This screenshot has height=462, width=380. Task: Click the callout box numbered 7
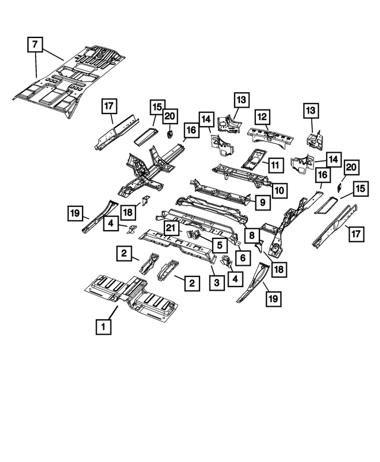[x=36, y=44]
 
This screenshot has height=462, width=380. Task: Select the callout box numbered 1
[x=103, y=326]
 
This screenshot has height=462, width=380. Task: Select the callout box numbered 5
[x=219, y=244]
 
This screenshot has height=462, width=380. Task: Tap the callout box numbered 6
[x=242, y=257]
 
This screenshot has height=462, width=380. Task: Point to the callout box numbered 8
[x=252, y=236]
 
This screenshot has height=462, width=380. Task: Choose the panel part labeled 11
[x=252, y=158]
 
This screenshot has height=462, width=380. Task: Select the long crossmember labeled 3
[x=178, y=243]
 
